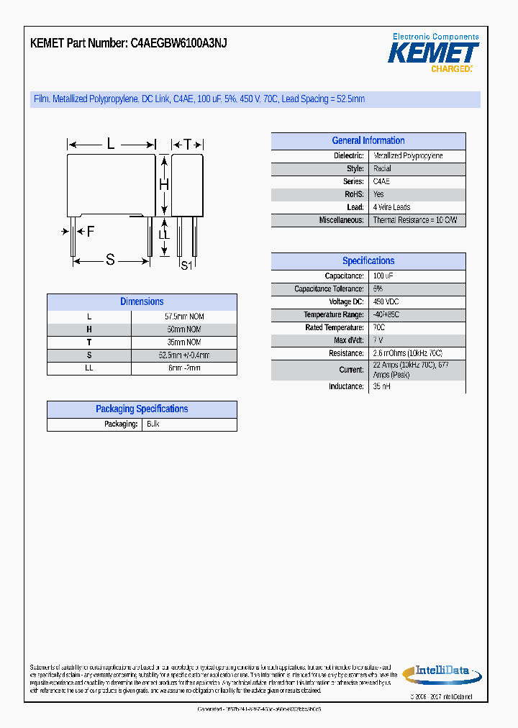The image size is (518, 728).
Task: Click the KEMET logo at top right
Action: [433, 53]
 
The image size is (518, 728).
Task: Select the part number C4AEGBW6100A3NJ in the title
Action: [178, 43]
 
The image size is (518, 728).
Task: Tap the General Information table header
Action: [368, 141]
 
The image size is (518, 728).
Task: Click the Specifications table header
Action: [368, 261]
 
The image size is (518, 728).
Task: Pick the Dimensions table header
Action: [142, 302]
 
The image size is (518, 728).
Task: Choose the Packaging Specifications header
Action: [142, 409]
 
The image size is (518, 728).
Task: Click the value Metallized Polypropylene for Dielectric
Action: [407, 156]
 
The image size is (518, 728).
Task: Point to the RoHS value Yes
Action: [378, 195]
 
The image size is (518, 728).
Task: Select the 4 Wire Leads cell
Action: [391, 208]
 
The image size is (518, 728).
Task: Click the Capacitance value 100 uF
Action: [383, 276]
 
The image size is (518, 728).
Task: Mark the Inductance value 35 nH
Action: [381, 387]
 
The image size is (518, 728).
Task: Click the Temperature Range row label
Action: [334, 315]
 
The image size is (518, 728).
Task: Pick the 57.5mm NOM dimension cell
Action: [184, 317]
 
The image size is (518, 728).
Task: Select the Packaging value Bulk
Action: [153, 424]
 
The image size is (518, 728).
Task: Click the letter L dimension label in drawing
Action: [111, 145]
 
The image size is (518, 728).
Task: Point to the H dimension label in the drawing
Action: [163, 185]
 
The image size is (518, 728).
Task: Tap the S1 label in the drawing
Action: [186, 265]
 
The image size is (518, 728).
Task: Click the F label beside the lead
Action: [90, 232]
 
